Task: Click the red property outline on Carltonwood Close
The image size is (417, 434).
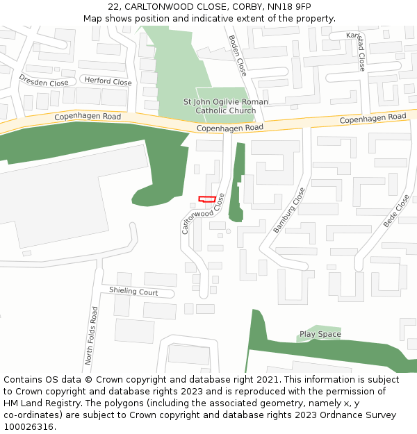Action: (206, 199)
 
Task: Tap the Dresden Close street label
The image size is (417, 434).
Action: (43, 82)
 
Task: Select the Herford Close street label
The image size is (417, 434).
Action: (108, 81)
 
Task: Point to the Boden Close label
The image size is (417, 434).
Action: (237, 56)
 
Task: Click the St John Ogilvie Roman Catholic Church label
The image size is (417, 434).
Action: (225, 106)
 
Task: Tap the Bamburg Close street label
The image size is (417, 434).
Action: (289, 210)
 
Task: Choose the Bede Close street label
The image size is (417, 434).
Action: (396, 211)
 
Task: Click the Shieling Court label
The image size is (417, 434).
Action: (133, 292)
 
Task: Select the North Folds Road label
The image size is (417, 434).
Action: (91, 336)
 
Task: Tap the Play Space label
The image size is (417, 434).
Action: (320, 334)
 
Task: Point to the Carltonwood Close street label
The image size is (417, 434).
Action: (204, 213)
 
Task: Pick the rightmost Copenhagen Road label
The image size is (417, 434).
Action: (373, 119)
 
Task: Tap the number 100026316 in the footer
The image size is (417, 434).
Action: (29, 426)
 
